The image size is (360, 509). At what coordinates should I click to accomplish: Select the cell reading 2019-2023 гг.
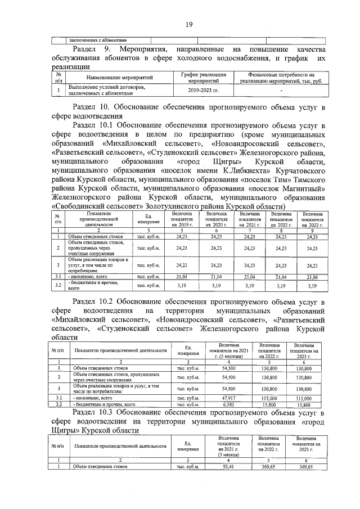203,90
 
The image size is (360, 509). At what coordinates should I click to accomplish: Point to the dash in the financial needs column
281,90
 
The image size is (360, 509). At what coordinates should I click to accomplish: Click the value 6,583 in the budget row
228,404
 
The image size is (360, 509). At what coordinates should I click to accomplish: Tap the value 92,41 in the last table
228,466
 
